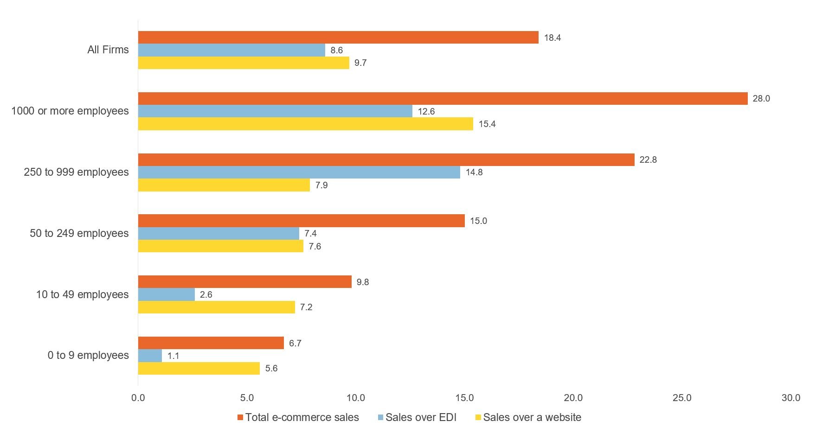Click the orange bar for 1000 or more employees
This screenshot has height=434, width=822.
point(443,98)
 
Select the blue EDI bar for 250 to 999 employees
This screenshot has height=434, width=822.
point(299,172)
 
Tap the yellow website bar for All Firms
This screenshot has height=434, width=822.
point(244,63)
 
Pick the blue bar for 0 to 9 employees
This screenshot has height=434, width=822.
point(150,356)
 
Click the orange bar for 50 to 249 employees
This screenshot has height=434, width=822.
point(301,221)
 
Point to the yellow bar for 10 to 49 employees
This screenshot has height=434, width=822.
point(216,307)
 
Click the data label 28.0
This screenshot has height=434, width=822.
point(761,98)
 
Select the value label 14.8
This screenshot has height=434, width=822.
point(474,172)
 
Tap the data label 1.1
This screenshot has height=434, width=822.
point(173,356)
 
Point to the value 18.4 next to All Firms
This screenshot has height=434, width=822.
point(552,38)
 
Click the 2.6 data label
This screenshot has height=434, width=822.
point(206,294)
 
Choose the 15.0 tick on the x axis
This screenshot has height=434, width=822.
point(464,398)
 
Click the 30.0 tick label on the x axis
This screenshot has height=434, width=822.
point(791,398)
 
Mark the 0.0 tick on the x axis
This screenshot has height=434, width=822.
point(138,398)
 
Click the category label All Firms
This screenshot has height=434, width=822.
point(108,50)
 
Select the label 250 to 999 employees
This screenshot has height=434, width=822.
point(76,172)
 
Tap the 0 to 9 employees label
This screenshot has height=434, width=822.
point(88,355)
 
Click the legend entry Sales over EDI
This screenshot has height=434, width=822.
point(421,417)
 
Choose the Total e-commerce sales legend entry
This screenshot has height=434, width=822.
point(302,417)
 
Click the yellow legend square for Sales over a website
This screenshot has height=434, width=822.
point(478,417)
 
